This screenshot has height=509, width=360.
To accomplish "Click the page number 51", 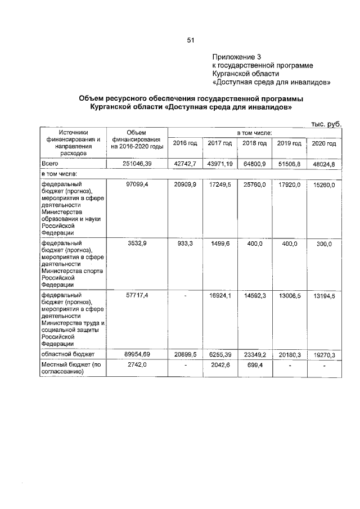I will (x=190, y=40).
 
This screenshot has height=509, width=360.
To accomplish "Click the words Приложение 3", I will (x=237, y=57).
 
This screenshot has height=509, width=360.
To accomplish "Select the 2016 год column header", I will (x=184, y=143).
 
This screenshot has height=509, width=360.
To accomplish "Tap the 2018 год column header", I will (x=254, y=143).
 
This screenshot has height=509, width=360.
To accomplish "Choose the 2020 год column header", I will (x=323, y=143).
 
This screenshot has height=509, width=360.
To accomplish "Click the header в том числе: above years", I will (x=254, y=132).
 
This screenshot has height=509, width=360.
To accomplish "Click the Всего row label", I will (x=50, y=163).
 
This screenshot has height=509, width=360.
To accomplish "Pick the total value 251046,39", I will (x=137, y=163).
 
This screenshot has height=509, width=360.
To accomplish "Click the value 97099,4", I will (x=137, y=184).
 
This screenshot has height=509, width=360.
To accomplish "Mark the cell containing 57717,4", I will (x=137, y=295).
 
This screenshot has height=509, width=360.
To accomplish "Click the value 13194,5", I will (x=323, y=296).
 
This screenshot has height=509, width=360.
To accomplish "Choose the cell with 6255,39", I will (x=220, y=355).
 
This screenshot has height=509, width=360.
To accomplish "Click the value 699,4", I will (x=254, y=366).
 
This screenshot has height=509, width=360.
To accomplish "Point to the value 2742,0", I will (x=137, y=366).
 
